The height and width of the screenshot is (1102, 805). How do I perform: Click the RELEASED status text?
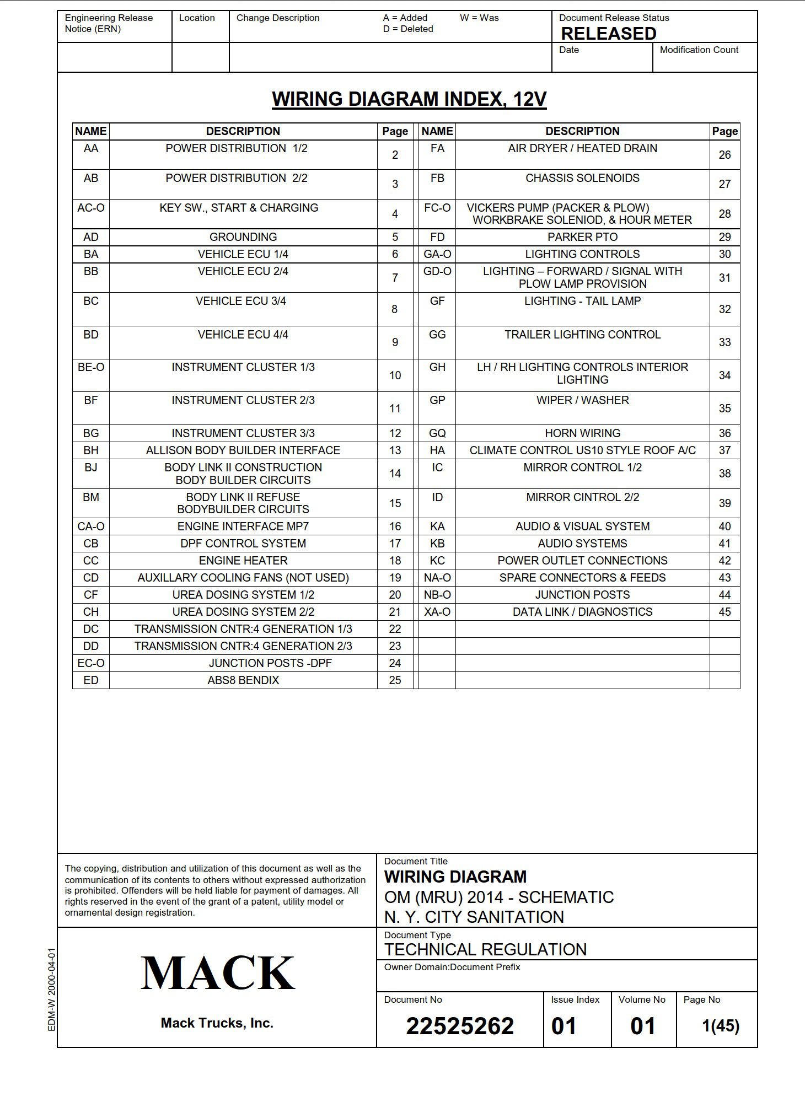pos(608,34)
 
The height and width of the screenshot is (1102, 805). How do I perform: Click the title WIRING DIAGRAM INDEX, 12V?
pos(409,99)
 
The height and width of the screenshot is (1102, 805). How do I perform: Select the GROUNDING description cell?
pos(243,237)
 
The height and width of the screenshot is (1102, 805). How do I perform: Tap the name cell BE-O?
pos(91,367)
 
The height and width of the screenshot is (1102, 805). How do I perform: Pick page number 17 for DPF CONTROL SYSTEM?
pos(395,544)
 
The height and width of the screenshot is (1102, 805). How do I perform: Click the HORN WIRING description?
pos(582,433)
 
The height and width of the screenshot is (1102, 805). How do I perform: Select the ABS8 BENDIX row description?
pos(243,680)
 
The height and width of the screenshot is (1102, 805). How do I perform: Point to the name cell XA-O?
pos(437,612)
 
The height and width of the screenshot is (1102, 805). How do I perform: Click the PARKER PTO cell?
pos(582,237)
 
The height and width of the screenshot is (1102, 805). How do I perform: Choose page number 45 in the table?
pos(724,612)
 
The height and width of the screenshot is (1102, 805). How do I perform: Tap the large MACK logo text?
pos(217,974)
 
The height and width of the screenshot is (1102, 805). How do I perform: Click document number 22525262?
pos(460,1026)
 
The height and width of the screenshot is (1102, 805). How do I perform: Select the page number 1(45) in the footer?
pos(720,1026)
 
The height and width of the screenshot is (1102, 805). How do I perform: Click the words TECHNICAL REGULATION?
pos(485,949)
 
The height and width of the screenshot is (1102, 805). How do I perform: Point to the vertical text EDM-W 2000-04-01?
pos(52,990)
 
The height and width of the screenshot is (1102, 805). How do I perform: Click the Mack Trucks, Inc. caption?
pos(217,1023)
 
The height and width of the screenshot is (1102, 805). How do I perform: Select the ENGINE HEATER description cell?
pos(243,561)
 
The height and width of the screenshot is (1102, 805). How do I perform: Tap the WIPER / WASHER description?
pos(582,400)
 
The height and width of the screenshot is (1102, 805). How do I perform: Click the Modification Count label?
pos(699,50)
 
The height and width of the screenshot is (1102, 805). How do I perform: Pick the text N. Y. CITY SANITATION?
pos(474,917)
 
